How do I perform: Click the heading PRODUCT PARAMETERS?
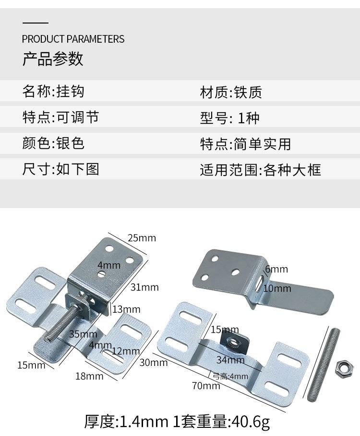point(73,39)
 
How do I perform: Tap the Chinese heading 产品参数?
point(53,59)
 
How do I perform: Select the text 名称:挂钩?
point(53,91)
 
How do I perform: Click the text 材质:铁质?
point(231,92)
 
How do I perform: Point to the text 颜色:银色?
point(53,143)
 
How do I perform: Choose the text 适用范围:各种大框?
point(260,169)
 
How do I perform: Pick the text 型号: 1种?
point(229,118)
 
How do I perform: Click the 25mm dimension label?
point(142,238)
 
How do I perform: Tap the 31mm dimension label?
point(144,287)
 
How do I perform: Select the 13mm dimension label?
point(126,309)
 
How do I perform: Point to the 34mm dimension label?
point(230,360)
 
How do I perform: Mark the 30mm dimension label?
point(153,363)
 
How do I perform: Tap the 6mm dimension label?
point(276,270)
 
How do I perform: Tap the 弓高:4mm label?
point(230,377)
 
